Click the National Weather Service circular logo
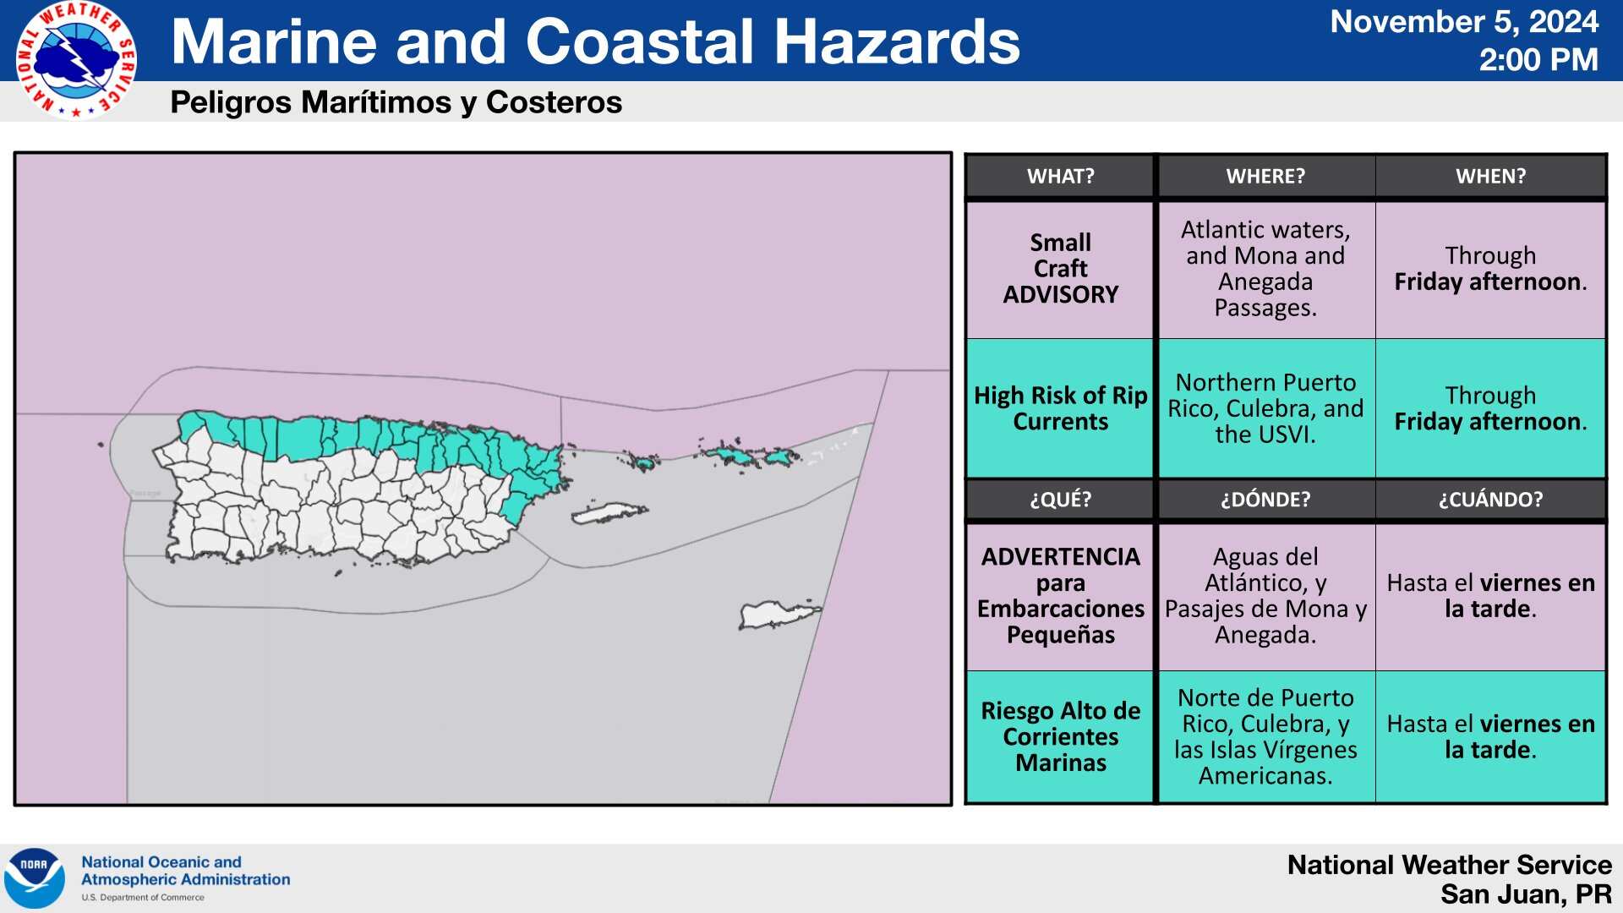click(77, 60)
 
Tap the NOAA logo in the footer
click(35, 878)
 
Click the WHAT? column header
click(1060, 176)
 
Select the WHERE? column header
click(1265, 176)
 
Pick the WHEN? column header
click(1490, 176)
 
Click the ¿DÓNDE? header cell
click(1265, 499)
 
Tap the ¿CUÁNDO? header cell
click(1490, 499)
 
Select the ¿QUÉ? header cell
click(1060, 499)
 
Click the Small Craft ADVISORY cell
click(1060, 269)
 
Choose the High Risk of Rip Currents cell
click(1060, 408)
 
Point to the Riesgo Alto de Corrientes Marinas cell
click(1060, 736)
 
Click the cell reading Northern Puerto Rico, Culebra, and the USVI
click(1265, 408)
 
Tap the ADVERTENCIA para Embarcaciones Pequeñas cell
click(1060, 596)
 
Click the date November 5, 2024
click(1464, 22)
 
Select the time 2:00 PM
click(1538, 60)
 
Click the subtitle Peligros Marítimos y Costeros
click(396, 102)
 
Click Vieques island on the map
click(609, 512)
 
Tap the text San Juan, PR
click(1526, 894)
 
